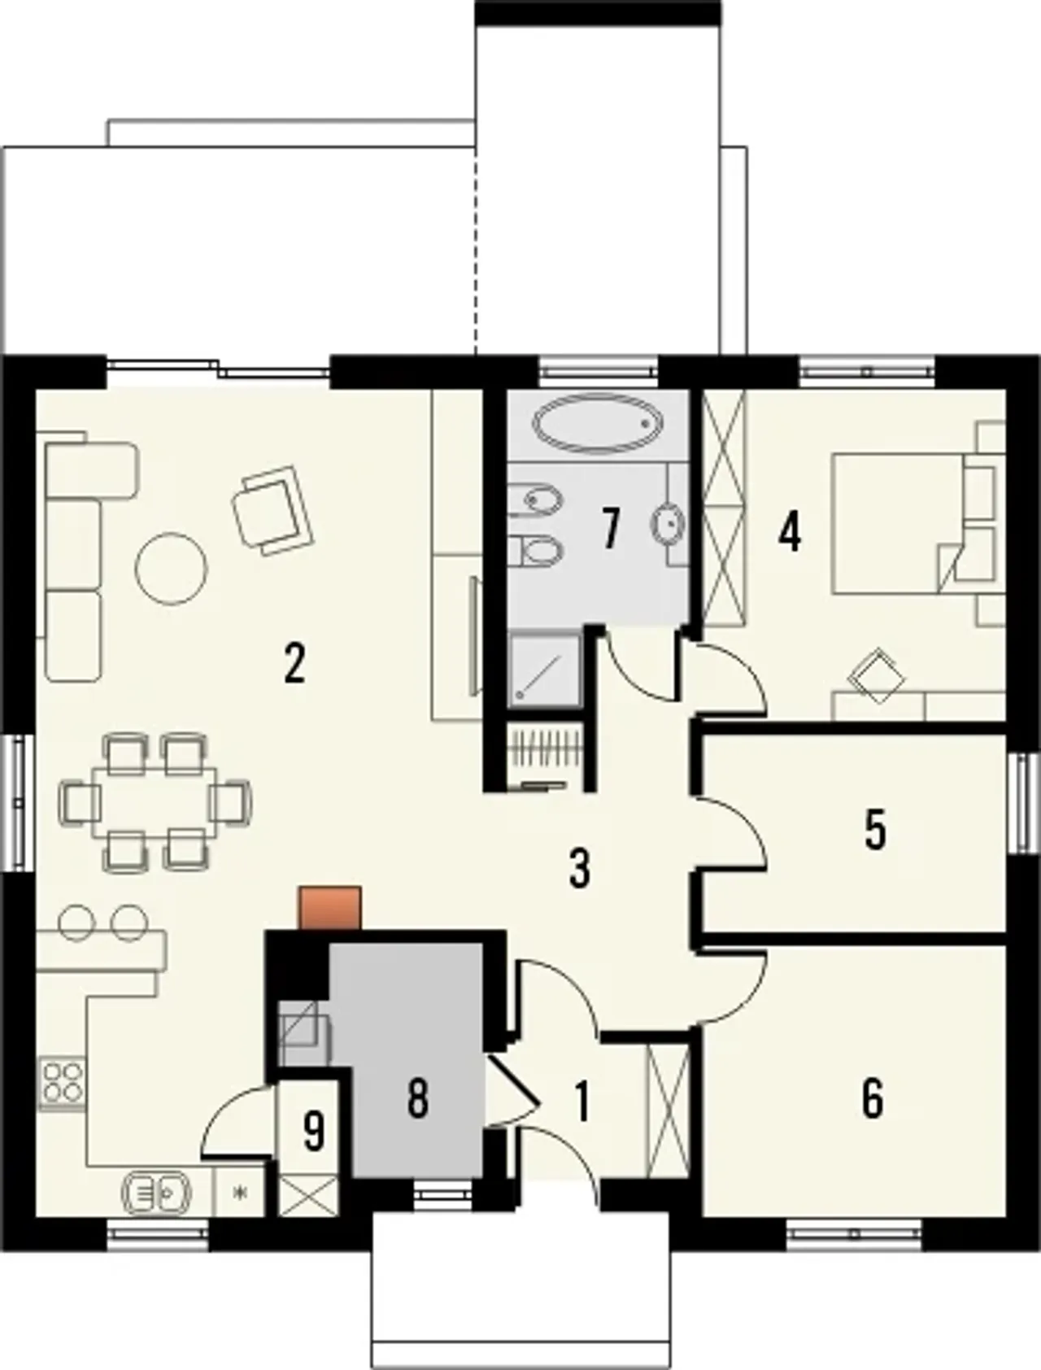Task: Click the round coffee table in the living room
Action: coord(171,568)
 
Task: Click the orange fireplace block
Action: coord(330,907)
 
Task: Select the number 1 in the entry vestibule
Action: coord(582,1100)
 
